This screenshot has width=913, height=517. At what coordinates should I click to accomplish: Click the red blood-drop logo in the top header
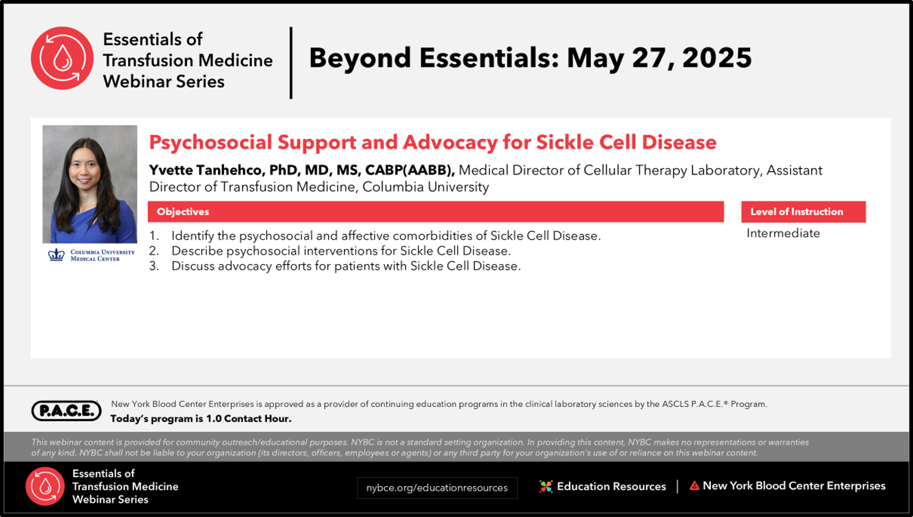(x=62, y=58)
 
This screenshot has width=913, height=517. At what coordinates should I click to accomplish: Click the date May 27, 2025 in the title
(x=659, y=58)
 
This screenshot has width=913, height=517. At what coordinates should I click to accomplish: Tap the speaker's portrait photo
(x=90, y=184)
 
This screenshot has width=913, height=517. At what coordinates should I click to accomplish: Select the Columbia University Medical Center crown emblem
(x=56, y=255)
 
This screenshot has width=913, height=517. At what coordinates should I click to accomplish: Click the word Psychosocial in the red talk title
(x=210, y=142)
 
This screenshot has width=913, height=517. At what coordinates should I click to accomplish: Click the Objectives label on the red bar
(x=183, y=212)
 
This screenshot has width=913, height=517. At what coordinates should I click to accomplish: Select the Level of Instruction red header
(x=803, y=212)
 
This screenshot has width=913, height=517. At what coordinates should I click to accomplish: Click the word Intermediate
(x=783, y=233)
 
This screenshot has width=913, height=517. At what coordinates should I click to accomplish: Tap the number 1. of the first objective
(x=154, y=236)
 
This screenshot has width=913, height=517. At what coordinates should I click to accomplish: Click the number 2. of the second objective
(x=154, y=251)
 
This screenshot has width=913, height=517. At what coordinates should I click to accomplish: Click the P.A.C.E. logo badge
(x=66, y=411)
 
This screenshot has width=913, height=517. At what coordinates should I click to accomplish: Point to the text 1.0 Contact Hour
(x=249, y=419)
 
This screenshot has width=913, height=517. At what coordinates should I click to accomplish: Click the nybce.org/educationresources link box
(x=437, y=488)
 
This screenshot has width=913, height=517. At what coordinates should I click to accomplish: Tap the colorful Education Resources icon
(x=546, y=486)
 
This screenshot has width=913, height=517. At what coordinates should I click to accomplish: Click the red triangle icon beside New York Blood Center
(x=694, y=486)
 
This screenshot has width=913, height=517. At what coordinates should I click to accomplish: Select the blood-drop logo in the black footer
(x=45, y=486)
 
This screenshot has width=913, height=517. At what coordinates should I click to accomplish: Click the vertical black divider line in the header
(x=291, y=63)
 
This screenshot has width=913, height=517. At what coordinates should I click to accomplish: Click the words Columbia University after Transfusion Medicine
(x=426, y=187)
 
